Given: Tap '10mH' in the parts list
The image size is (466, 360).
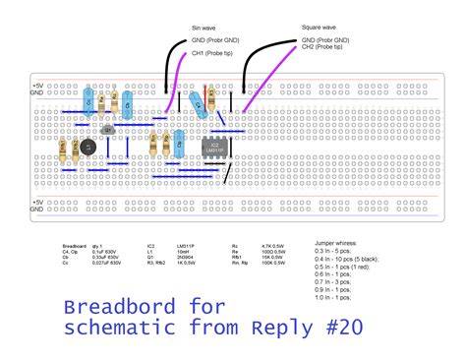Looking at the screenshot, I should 184,251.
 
